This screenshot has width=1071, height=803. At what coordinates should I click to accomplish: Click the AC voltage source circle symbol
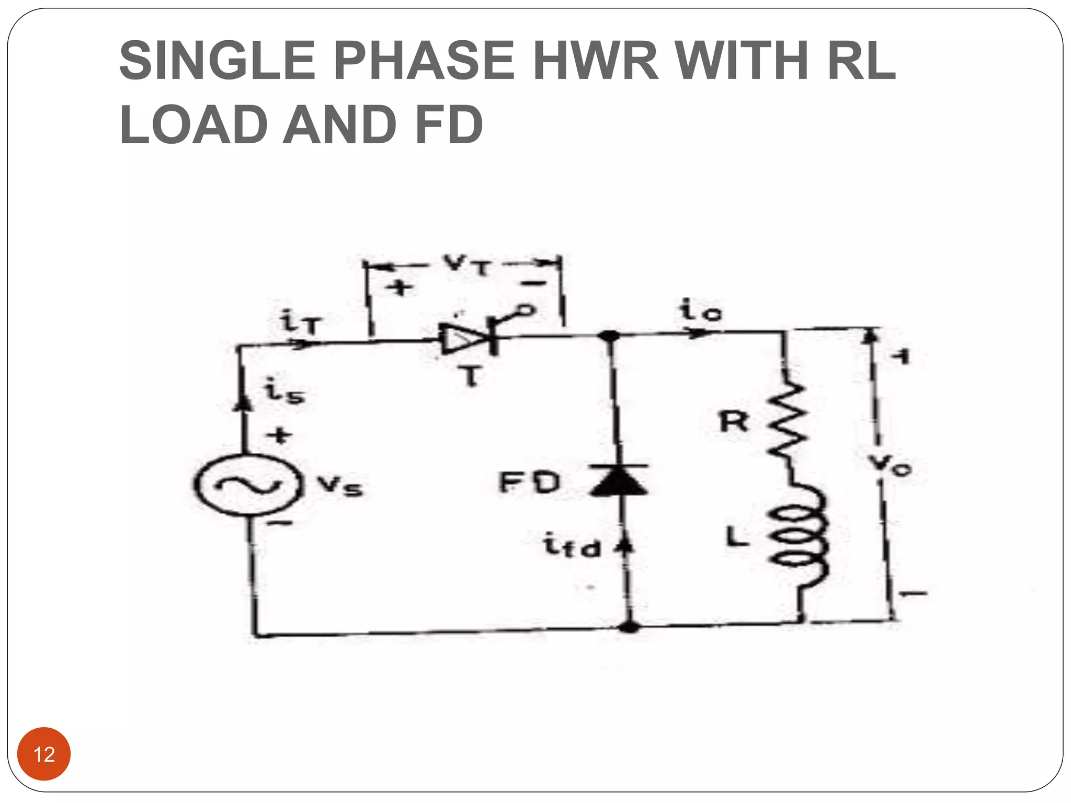[247, 485]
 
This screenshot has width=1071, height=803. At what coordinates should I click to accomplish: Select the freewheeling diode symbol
[619, 480]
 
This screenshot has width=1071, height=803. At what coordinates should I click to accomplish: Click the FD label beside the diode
[529, 482]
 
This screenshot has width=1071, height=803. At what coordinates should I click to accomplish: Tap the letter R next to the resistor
[734, 421]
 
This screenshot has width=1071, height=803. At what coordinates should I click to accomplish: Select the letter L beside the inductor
[738, 536]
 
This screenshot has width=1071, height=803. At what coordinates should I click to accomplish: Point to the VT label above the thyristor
[467, 265]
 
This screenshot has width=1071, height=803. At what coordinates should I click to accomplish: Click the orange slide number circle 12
[44, 754]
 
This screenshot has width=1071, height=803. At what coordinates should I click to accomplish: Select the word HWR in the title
[596, 61]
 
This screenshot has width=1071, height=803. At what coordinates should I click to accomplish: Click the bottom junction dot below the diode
[631, 626]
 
